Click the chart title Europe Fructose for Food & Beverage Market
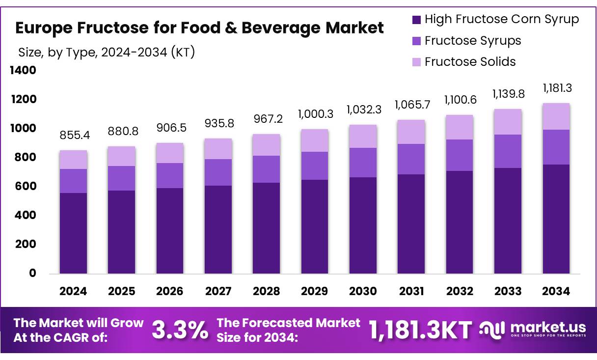click(199, 28)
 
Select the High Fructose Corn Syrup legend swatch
click(416, 20)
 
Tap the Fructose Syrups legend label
click(472, 41)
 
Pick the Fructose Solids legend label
click(470, 62)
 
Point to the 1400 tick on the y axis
click(23, 71)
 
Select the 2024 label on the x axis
click(73, 291)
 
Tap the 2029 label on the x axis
click(314, 291)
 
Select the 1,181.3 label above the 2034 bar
click(557, 88)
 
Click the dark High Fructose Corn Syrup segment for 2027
click(218, 229)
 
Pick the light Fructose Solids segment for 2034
click(556, 116)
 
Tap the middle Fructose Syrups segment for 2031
click(411, 159)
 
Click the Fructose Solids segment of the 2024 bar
click(73, 160)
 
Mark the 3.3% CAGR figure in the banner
click(180, 330)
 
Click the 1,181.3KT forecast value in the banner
click(420, 330)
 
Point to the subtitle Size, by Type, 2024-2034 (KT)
click(107, 52)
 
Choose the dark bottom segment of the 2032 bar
click(460, 222)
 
